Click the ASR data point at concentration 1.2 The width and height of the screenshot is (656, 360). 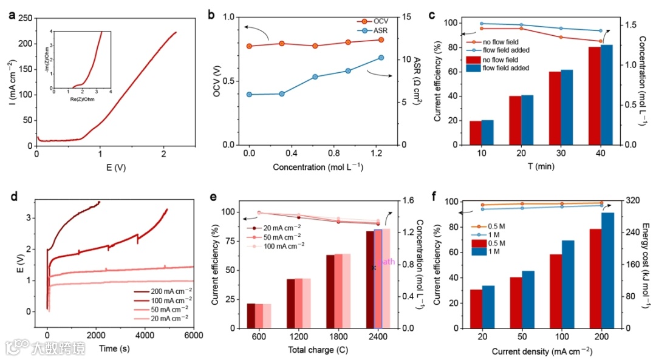pos(381,58)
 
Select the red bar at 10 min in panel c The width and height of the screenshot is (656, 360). pos(475,133)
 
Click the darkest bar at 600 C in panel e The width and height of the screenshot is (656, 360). pos(251,315)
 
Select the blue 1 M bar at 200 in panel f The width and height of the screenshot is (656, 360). pos(607,270)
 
